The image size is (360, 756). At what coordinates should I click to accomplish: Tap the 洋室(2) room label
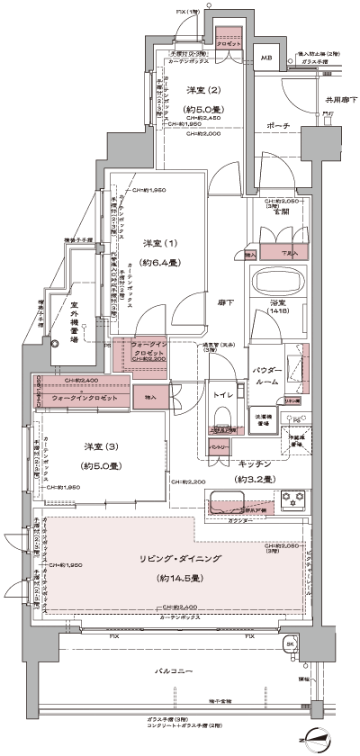(203, 91)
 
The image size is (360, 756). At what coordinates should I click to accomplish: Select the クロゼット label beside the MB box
(226, 43)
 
